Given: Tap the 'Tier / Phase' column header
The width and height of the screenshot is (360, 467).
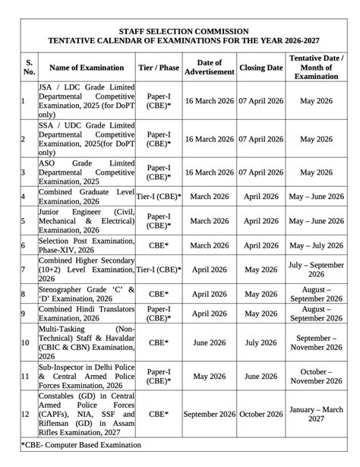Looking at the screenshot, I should click(159, 68).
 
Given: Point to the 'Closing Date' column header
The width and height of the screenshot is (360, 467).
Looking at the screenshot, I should click(261, 68).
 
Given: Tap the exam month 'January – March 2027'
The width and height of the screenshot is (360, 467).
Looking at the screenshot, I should click(316, 414).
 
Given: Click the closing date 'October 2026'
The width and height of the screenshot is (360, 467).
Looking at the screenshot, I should click(261, 414).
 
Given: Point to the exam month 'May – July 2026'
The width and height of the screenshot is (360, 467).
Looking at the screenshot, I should click(316, 245).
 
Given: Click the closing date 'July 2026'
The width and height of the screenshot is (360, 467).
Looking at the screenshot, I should click(261, 342).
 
